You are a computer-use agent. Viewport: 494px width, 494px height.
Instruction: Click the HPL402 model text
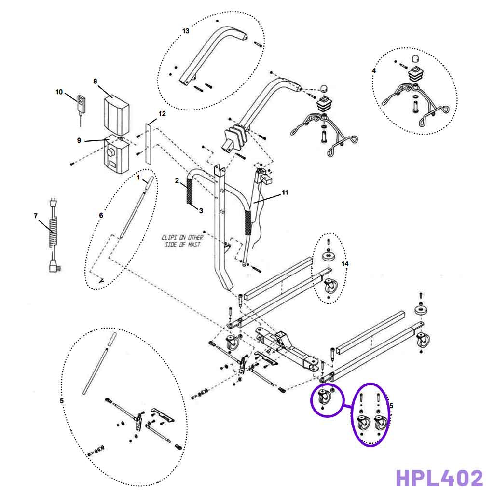tap(439, 478)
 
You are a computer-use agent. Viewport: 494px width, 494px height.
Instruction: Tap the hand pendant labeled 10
tap(81, 103)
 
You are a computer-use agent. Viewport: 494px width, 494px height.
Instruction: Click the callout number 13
tap(186, 31)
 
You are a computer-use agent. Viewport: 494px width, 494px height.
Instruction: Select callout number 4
tap(374, 70)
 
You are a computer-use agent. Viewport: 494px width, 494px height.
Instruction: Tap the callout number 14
tap(344, 264)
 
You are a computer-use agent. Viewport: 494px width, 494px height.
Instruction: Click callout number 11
tap(285, 192)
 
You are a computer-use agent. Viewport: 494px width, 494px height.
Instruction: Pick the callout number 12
tap(162, 114)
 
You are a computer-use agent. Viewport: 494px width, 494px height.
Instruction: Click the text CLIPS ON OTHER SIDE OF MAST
tap(182, 241)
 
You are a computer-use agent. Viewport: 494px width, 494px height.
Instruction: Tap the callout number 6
tap(101, 215)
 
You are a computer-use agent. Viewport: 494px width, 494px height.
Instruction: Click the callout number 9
tap(79, 140)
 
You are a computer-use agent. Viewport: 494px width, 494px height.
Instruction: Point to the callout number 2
tap(177, 181)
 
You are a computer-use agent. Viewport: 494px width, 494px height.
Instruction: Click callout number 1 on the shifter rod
tap(138, 178)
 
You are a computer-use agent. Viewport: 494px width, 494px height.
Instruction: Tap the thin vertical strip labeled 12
tap(148, 143)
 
